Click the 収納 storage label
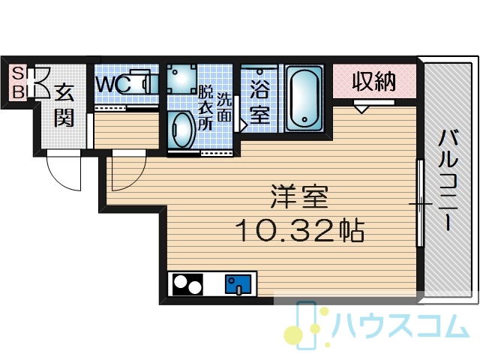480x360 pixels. (374, 81)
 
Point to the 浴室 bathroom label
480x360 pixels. (259, 102)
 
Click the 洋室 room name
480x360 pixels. (299, 196)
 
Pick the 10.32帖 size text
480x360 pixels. (300, 230)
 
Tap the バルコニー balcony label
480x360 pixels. (448, 180)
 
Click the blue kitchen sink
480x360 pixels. (238, 284)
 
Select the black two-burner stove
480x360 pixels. (187, 284)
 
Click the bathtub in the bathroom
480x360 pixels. (304, 98)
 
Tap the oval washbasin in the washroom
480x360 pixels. (183, 130)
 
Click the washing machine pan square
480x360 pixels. (181, 79)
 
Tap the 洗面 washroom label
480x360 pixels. (224, 106)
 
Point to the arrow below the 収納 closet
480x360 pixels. (361, 109)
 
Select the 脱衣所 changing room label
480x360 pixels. (205, 108)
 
